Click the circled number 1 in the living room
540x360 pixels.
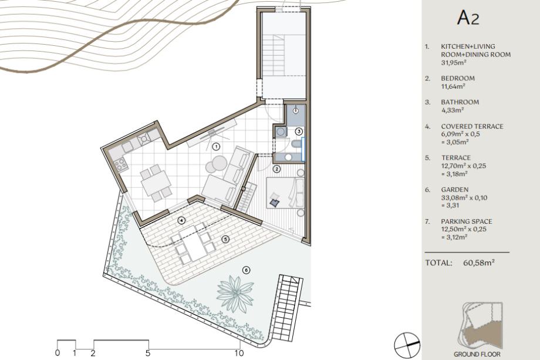[216, 147]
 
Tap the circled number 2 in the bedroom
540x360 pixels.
[276, 169]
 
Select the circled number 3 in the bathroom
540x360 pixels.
[299, 131]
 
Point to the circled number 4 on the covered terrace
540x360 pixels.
[181, 220]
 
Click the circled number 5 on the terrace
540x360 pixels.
[225, 239]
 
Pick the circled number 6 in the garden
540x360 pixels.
[246, 270]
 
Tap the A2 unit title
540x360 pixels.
[468, 18]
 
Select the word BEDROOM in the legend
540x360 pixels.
[458, 78]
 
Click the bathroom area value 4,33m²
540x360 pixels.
[453, 110]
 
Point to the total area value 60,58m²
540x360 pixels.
[479, 263]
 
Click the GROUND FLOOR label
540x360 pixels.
[477, 354]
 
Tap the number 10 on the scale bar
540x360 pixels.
[239, 353]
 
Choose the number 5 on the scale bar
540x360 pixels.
[148, 353]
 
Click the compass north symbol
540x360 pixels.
[407, 345]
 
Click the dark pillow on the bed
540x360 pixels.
[275, 203]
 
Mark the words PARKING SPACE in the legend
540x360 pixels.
[467, 221]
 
